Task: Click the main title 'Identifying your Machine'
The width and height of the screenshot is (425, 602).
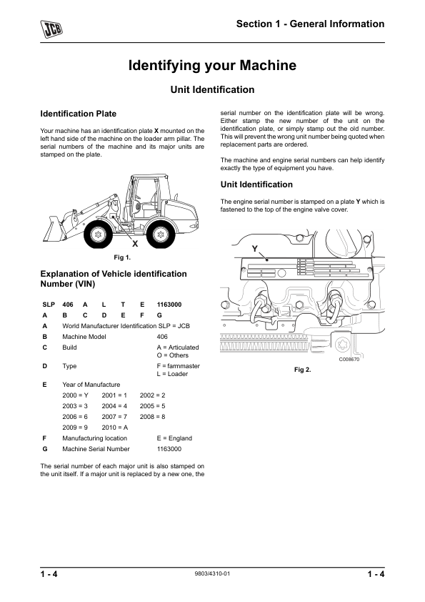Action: coord(212,66)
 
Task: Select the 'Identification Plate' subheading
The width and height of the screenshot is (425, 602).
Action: coord(79,114)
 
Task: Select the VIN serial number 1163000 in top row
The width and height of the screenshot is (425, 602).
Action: coord(169,304)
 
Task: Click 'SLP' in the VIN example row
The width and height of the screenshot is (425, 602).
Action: coord(49,304)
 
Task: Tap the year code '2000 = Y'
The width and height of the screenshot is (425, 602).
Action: coord(75,395)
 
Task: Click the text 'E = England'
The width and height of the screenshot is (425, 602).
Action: coord(174,438)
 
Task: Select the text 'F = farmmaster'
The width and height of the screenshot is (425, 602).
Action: coord(178,365)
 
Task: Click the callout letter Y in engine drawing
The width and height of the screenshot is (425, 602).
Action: coord(254,247)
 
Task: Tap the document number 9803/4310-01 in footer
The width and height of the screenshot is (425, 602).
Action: coord(212,573)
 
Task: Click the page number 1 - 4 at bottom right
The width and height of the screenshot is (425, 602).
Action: coord(376,575)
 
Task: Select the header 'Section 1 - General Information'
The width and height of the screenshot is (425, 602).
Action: coord(311,24)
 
